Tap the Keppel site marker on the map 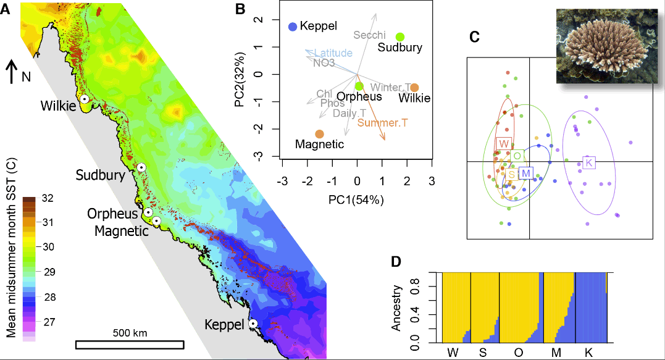pyautogui.click(x=253, y=324)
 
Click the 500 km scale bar pyautogui.click(x=130, y=344)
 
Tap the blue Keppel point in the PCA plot pyautogui.click(x=293, y=27)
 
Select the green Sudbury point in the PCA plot pyautogui.click(x=400, y=37)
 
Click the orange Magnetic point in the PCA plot pyautogui.click(x=319, y=134)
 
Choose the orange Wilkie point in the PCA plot pyautogui.click(x=414, y=88)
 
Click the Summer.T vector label pyautogui.click(x=382, y=123)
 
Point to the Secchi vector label pyautogui.click(x=370, y=35)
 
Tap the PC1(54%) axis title pyautogui.click(x=356, y=199)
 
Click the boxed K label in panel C pyautogui.click(x=588, y=163)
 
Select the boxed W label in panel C pyautogui.click(x=503, y=144)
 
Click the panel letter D pyautogui.click(x=398, y=261)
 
